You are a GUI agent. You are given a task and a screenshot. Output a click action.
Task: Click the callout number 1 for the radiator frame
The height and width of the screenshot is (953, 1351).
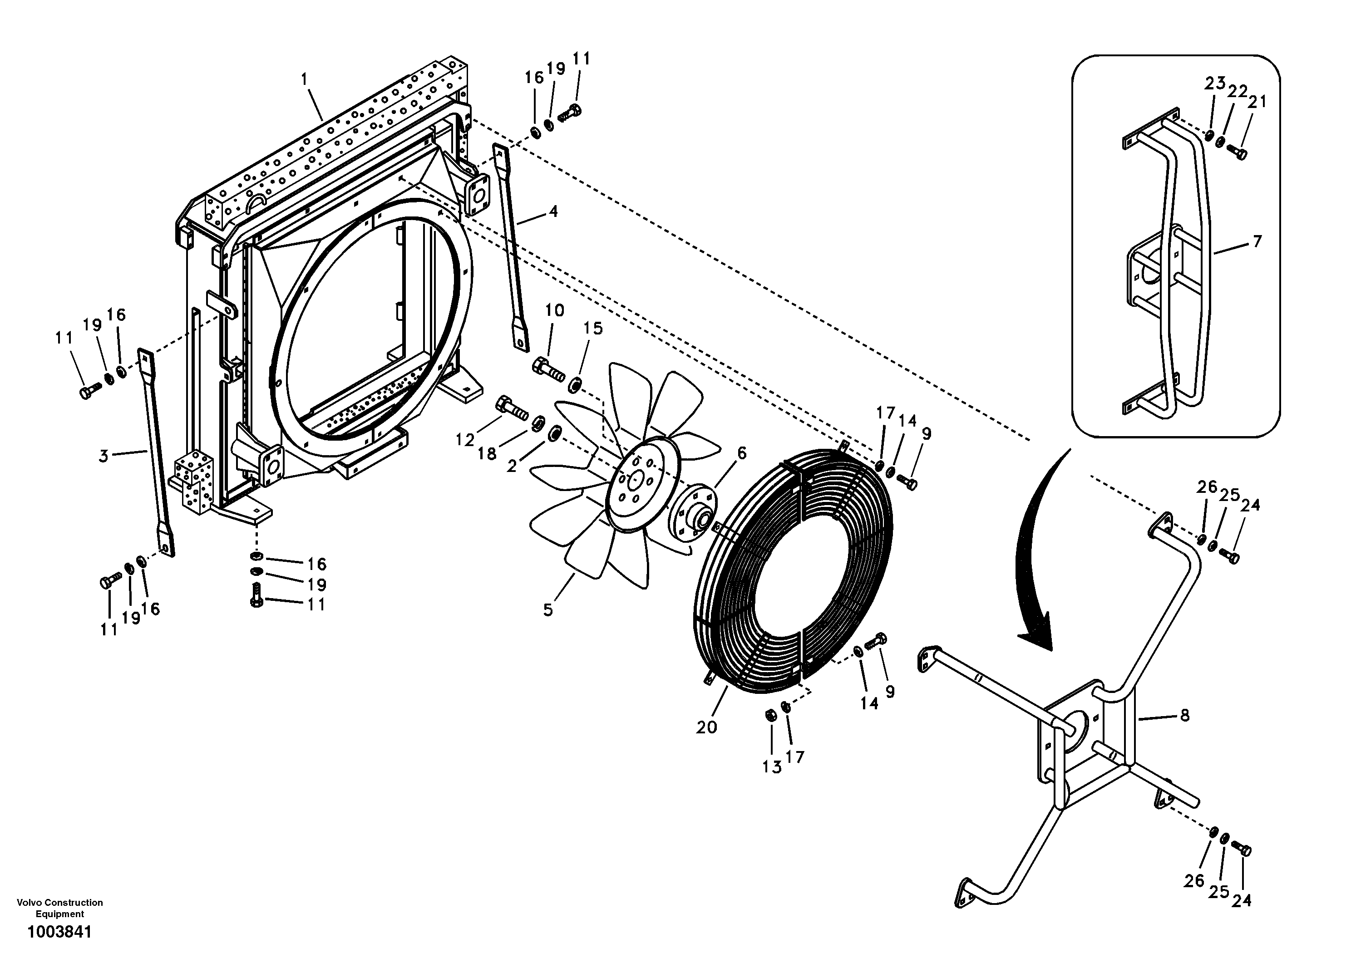pos(304,79)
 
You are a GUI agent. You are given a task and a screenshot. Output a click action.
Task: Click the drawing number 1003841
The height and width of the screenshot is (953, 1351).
pos(59,933)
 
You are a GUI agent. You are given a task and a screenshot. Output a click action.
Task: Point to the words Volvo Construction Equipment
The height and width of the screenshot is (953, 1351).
pos(59,908)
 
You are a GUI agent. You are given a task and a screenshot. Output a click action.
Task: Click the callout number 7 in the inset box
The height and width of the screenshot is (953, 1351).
pos(1257,242)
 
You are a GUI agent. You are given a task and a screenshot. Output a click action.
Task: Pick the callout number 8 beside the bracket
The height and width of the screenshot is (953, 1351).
pos(1184,715)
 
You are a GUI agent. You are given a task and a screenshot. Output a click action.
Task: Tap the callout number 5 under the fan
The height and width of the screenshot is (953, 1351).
pos(548,610)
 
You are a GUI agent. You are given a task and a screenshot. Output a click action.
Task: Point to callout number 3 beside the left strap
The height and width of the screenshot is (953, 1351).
pos(104,457)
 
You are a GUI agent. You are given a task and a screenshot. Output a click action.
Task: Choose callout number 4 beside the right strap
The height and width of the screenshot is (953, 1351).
pos(552,212)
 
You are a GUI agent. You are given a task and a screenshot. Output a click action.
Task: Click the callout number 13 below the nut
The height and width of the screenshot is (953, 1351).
pos(771,767)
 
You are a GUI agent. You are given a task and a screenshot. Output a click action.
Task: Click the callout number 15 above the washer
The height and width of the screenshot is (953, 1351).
pos(593,329)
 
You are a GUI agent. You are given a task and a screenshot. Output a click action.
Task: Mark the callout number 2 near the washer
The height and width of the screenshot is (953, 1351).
pos(511,467)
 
